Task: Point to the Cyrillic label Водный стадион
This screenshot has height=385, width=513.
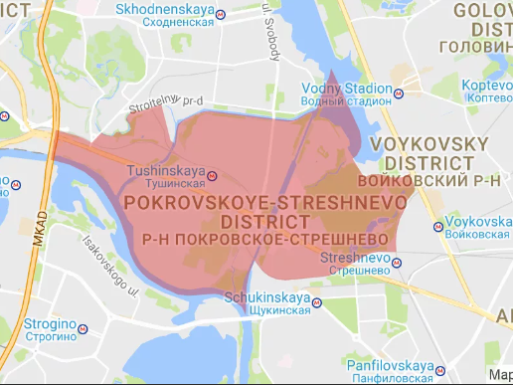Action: point(346,99)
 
